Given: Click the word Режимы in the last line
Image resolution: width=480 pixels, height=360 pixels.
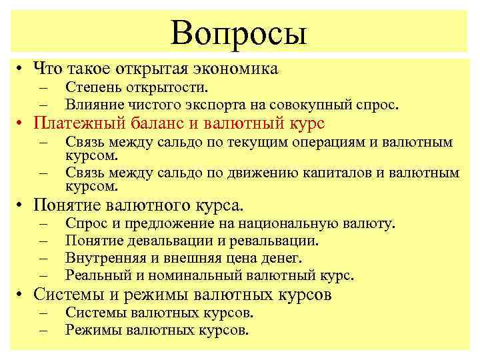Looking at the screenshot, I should pyautogui.click(x=93, y=330).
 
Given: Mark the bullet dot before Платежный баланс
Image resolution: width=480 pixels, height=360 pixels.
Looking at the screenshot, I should pyautogui.click(x=22, y=125).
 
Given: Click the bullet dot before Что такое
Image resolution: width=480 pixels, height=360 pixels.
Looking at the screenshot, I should pyautogui.click(x=22, y=68).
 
